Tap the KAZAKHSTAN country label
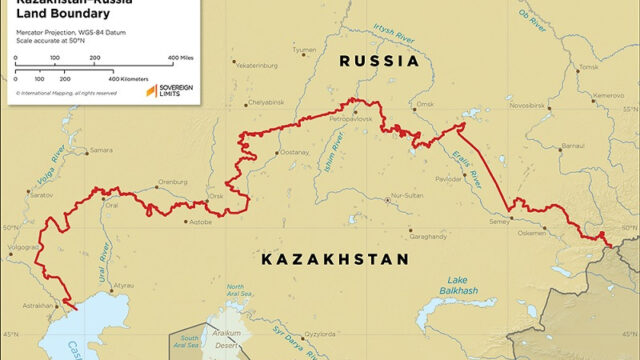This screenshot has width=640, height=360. [x=335, y=260]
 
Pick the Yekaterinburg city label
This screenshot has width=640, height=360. [x=254, y=66]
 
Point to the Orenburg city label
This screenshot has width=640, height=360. [x=173, y=182]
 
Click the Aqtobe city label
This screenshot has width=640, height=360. [x=200, y=222]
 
